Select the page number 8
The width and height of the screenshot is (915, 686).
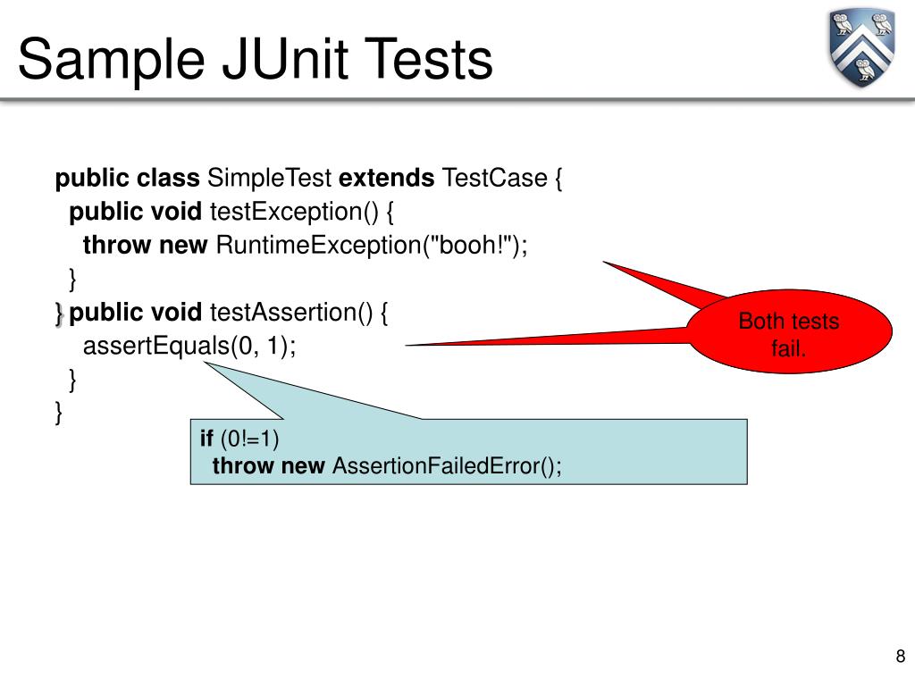point(900,657)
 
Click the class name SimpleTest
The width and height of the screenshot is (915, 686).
point(270,179)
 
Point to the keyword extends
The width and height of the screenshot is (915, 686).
point(386,179)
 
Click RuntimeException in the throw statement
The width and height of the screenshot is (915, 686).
point(317,246)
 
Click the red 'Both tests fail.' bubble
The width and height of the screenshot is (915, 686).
point(789,334)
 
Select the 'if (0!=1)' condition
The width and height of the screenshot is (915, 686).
point(239,439)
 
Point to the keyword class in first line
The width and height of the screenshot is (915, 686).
point(168,179)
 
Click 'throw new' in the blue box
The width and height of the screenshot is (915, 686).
point(268,465)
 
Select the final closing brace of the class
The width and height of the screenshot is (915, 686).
point(59,413)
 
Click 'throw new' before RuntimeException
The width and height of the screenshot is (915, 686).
point(145,246)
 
